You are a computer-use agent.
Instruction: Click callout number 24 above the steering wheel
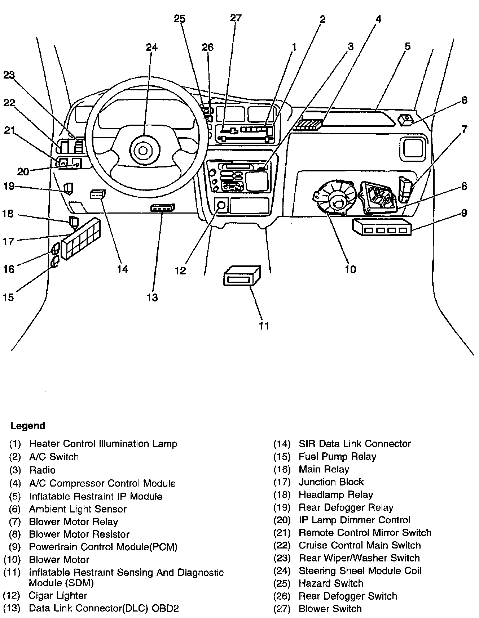coord(151,48)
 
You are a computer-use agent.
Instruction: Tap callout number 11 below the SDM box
coord(264,326)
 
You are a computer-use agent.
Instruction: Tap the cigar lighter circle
coord(221,206)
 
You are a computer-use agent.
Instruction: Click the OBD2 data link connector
coord(163,208)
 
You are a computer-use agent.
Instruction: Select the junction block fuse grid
coord(81,238)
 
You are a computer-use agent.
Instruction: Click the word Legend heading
coord(28,426)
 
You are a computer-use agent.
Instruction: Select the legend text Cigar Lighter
coord(58,595)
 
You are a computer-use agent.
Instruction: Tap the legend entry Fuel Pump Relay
coord(337,457)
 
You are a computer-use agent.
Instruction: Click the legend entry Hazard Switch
coord(331,583)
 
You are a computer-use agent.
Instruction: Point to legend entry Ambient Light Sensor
coord(78,509)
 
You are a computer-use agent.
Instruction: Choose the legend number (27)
coord(282,609)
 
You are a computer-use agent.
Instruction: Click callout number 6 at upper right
coord(464,100)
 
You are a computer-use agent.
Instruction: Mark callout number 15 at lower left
coord(8,297)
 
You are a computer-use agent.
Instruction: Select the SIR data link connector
coord(97,194)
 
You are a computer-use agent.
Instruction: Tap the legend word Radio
coord(43,470)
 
